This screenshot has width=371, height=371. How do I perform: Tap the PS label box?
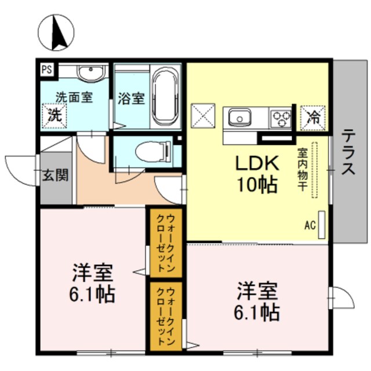[47, 69]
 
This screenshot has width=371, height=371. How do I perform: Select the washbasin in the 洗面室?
[90, 73]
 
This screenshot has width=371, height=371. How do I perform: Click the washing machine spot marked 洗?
[54, 114]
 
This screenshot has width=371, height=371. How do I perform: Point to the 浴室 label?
[131, 98]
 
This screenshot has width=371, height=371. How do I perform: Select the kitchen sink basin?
[239, 118]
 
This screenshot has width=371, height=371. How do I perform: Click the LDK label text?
[257, 164]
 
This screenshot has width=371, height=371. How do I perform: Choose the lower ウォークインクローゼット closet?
[166, 316]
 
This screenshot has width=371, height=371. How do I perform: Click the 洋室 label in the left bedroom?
[93, 272]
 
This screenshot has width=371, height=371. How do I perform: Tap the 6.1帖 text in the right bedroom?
[257, 312]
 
